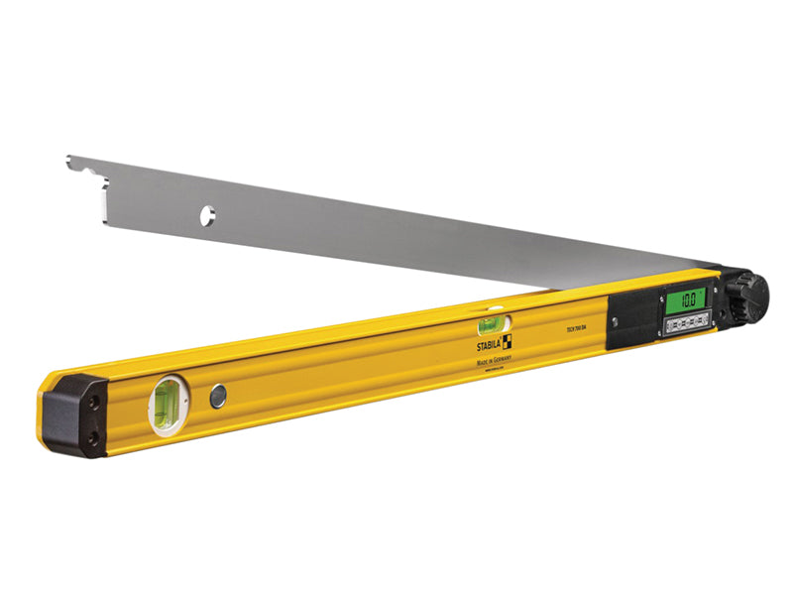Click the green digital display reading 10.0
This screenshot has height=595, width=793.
click(685, 297)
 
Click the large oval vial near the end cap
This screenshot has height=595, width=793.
click(166, 406)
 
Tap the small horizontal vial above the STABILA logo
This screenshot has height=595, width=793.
click(491, 324)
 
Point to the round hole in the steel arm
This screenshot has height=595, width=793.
click(207, 214)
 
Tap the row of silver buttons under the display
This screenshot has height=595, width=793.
click(686, 320)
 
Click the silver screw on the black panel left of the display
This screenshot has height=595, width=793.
click(614, 320)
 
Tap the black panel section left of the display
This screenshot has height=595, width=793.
click(629, 320)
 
